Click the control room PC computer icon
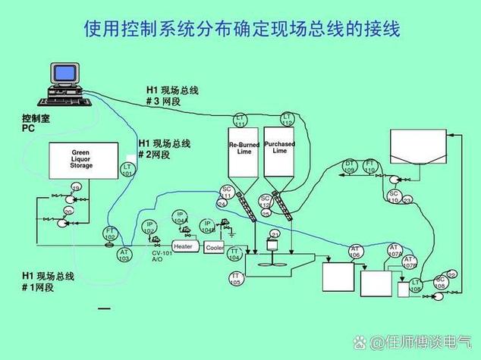coord(64,84)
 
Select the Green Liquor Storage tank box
coord(81,160)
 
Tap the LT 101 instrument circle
coord(127,170)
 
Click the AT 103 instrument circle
coord(124,255)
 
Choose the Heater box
coord(184,246)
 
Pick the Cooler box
coord(214,247)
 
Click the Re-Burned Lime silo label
coord(244,148)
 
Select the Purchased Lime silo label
coord(279,148)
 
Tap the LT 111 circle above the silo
coord(240,120)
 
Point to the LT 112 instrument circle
coord(287,118)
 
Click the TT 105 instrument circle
coord(236,278)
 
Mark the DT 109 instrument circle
coord(350,166)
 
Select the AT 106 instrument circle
coord(355,252)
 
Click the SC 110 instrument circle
coord(394,196)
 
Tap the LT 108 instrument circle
coord(416,285)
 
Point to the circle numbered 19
coord(76,188)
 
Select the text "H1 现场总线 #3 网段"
coord(172,95)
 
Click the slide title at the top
coord(240,29)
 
